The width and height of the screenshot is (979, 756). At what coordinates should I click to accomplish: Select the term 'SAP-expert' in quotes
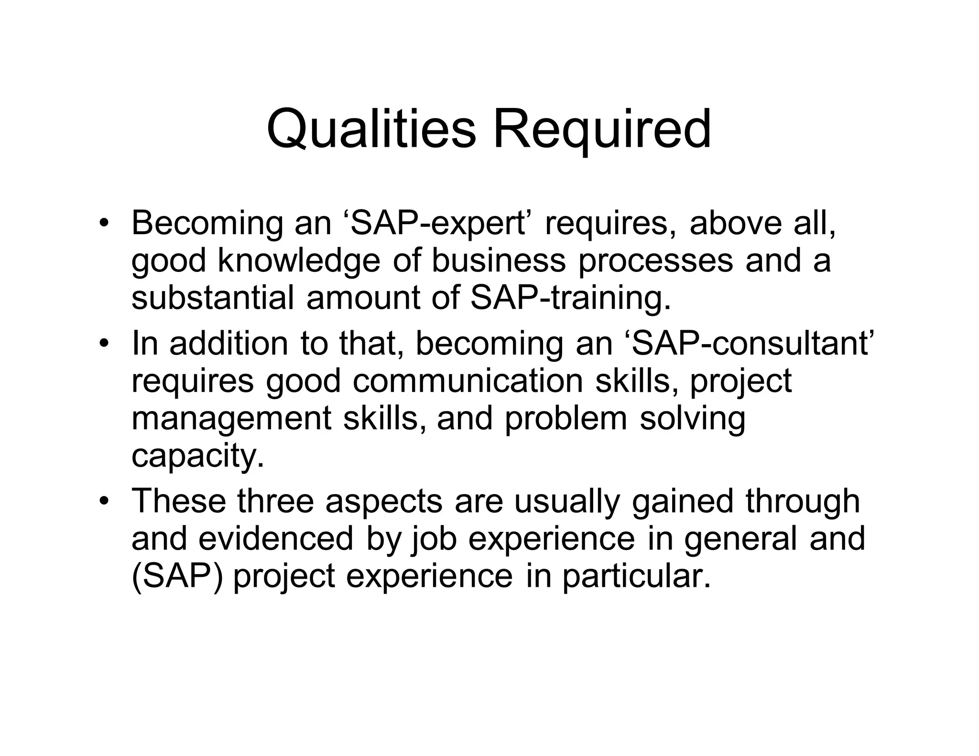(440, 223)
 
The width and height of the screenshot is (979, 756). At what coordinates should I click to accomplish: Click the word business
(499, 261)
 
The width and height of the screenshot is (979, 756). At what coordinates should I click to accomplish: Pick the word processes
(655, 261)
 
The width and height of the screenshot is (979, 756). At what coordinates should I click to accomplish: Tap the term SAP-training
(571, 297)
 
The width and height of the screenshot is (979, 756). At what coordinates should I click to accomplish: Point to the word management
(231, 419)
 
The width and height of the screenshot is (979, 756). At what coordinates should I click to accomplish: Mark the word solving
(692, 419)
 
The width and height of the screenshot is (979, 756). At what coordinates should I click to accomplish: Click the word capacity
(197, 456)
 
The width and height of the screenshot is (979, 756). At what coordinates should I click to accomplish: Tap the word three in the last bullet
(275, 501)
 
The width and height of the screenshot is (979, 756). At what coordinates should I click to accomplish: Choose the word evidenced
(276, 539)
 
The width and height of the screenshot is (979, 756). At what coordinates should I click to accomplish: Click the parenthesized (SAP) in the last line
(177, 576)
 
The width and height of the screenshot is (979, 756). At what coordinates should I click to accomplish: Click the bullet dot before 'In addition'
(105, 344)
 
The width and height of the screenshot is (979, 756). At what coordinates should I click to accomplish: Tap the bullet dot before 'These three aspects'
(105, 502)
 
